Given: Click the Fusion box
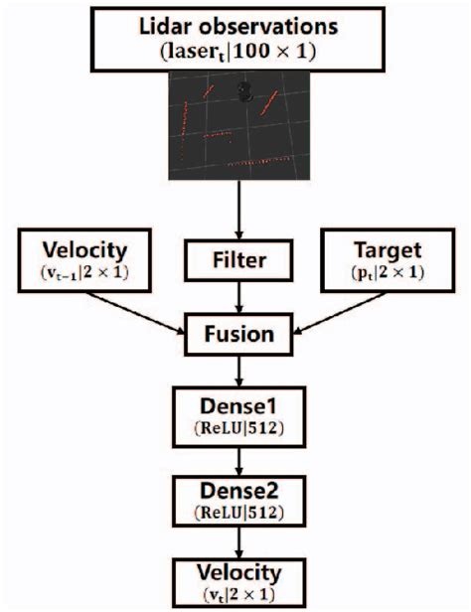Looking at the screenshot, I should tap(238, 331).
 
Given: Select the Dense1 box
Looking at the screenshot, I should tap(238, 414).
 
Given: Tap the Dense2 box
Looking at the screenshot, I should tap(238, 500).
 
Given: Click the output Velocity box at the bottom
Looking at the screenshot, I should tap(238, 583).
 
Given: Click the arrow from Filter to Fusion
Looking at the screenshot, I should tap(238, 298).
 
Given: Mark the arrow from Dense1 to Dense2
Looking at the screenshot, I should tap(238, 457).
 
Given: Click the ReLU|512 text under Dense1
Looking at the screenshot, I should tap(238, 428).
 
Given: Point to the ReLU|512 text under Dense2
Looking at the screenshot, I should tap(238, 514).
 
